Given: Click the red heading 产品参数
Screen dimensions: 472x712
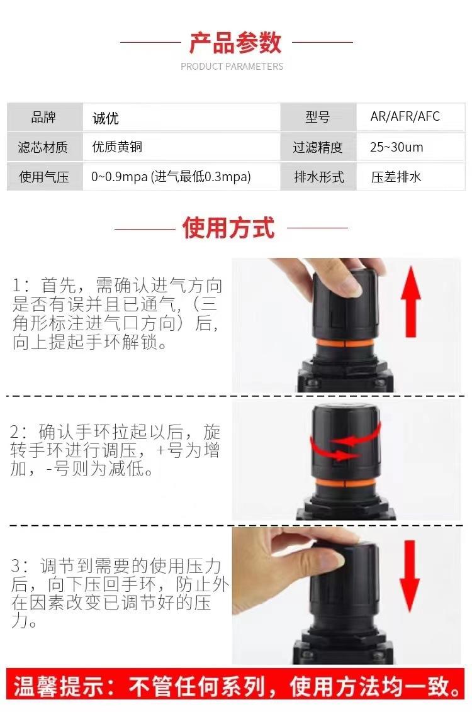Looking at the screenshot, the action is click(235, 43).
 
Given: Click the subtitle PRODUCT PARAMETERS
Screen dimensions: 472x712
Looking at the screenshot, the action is click(232, 66).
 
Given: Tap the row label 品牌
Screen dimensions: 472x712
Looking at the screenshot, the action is click(43, 117).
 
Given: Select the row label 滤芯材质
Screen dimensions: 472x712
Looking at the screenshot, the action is click(43, 147).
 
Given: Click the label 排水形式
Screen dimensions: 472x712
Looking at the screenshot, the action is click(319, 176).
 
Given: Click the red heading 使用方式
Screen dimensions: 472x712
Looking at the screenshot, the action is click(228, 228).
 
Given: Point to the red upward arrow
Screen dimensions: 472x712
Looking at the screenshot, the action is click(411, 301).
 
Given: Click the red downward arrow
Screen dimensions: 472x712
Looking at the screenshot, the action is click(409, 576).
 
